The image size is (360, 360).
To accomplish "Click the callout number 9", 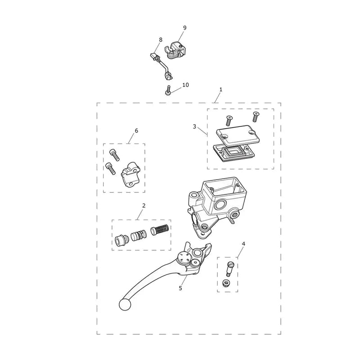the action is click(x=184, y=28).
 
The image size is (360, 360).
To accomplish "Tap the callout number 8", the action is click(x=161, y=40).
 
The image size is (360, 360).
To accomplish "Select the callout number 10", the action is click(x=185, y=85).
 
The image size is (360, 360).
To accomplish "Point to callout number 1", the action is click(x=221, y=90).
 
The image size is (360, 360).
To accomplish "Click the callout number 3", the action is click(x=194, y=126).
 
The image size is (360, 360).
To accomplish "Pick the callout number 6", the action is click(x=136, y=130).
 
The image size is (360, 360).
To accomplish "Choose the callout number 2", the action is click(x=144, y=206).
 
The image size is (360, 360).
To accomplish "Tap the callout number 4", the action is click(x=243, y=243).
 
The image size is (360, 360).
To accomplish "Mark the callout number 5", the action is click(x=180, y=288).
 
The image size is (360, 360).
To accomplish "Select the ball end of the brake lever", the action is click(x=125, y=305).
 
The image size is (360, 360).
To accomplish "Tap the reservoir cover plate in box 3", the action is click(x=238, y=135).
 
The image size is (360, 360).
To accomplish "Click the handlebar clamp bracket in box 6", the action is click(x=130, y=174).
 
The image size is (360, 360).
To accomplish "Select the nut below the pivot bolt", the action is click(x=226, y=283).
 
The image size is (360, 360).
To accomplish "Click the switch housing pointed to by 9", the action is click(x=175, y=50).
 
